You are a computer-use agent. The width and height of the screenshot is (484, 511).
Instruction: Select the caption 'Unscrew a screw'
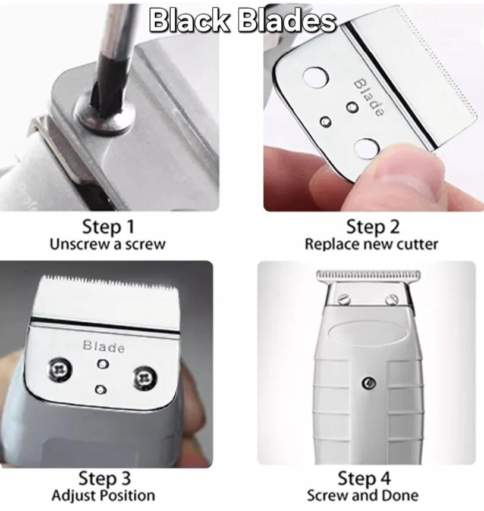(x=107, y=244)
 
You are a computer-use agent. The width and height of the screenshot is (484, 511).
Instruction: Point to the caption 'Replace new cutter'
(x=372, y=244)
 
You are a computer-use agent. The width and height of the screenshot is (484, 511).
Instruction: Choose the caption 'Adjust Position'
(x=103, y=496)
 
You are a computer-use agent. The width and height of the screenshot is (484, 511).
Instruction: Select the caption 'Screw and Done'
(x=363, y=496)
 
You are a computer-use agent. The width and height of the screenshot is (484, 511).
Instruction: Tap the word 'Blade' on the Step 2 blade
(x=369, y=96)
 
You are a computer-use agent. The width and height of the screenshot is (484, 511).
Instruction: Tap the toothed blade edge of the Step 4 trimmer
(x=369, y=275)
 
